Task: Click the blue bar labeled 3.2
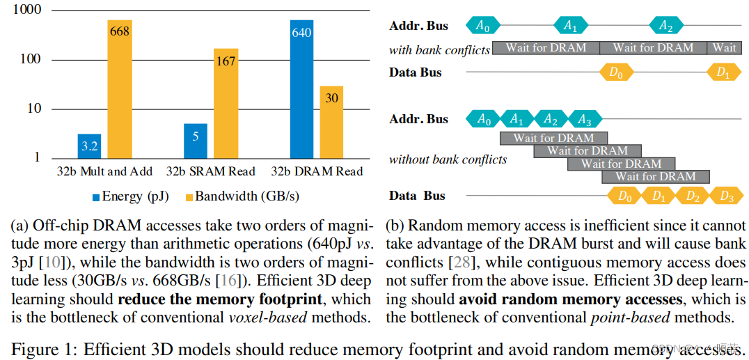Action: pos(89,146)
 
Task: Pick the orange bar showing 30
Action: pos(331,122)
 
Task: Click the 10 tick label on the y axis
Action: pos(33,109)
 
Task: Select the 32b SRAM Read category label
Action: pos(211,171)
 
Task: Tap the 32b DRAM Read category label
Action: pos(317,171)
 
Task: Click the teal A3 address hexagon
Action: pos(584,119)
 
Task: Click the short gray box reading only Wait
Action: pos(724,48)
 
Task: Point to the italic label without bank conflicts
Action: pos(448,159)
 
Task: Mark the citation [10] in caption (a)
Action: pos(58,263)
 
